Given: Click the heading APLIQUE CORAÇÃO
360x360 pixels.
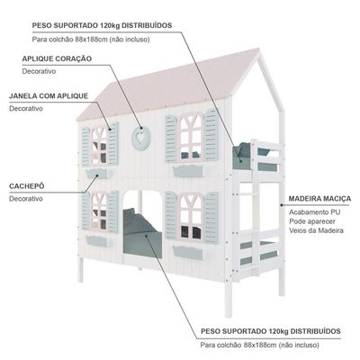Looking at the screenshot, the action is (x=57, y=58).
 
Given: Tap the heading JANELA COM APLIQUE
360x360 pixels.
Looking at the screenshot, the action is (x=49, y=96).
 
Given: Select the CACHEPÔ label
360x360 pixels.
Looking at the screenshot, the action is (x=27, y=186).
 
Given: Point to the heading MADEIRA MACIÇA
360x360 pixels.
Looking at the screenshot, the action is (x=319, y=199).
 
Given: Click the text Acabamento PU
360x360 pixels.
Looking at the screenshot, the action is (x=314, y=212).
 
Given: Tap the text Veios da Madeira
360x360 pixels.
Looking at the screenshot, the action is (x=316, y=230).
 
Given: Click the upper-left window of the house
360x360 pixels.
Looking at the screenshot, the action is (x=99, y=146).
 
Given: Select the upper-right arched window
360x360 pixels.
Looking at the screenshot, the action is (x=191, y=137).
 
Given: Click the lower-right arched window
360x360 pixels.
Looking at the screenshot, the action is (x=191, y=217).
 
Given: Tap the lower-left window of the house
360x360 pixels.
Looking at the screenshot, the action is (x=99, y=211).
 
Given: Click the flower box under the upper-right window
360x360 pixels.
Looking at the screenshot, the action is (x=188, y=171).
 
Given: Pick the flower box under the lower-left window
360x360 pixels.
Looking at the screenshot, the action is (x=99, y=241).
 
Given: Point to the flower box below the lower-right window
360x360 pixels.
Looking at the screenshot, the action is (x=188, y=252).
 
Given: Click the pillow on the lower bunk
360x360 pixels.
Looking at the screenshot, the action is (x=139, y=221).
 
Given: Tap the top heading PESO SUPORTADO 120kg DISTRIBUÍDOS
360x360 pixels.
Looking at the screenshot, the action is (x=102, y=25).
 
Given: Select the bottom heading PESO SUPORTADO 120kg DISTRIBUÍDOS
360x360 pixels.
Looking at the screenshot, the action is (x=271, y=331).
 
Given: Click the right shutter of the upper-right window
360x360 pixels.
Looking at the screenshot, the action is (x=211, y=135).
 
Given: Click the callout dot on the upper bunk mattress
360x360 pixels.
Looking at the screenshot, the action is (x=239, y=156).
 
